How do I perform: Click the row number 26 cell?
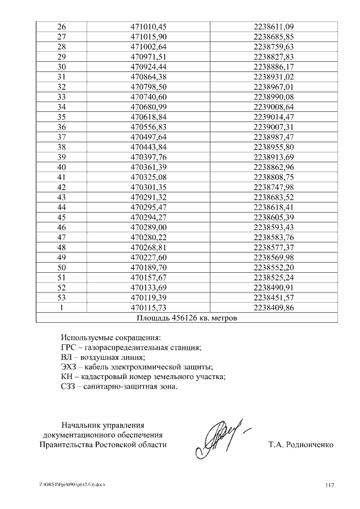click(x=62, y=26)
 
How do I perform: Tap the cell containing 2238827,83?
click(x=274, y=57)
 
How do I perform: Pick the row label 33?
click(x=62, y=97)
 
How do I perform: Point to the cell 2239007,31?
click(x=274, y=127)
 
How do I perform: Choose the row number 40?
click(x=62, y=167)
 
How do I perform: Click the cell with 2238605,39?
click(x=274, y=217)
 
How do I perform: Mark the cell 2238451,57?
click(x=274, y=298)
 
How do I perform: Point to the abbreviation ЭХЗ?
click(x=68, y=367)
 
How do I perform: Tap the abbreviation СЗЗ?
click(x=68, y=386)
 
